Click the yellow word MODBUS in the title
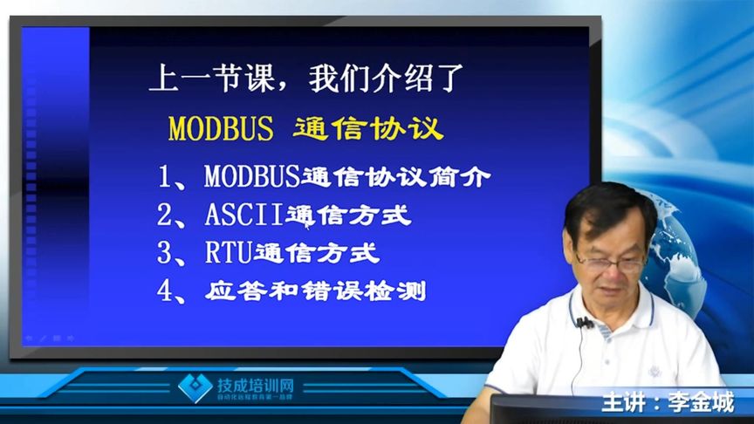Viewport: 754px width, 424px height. pos(221,128)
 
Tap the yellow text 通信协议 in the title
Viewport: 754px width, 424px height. pos(368,128)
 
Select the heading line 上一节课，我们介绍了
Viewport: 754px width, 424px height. pos(300,80)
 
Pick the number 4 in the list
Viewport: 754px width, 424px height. pos(166,291)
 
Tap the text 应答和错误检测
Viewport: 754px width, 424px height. pos(316,291)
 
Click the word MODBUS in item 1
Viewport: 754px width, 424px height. pos(252,177)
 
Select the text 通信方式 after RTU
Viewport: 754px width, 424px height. pos(316,254)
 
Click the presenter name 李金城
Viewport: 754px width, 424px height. pos(700,404)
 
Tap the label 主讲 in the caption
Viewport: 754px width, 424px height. pos(623,404)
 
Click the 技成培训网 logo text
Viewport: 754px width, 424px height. pos(255,385)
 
